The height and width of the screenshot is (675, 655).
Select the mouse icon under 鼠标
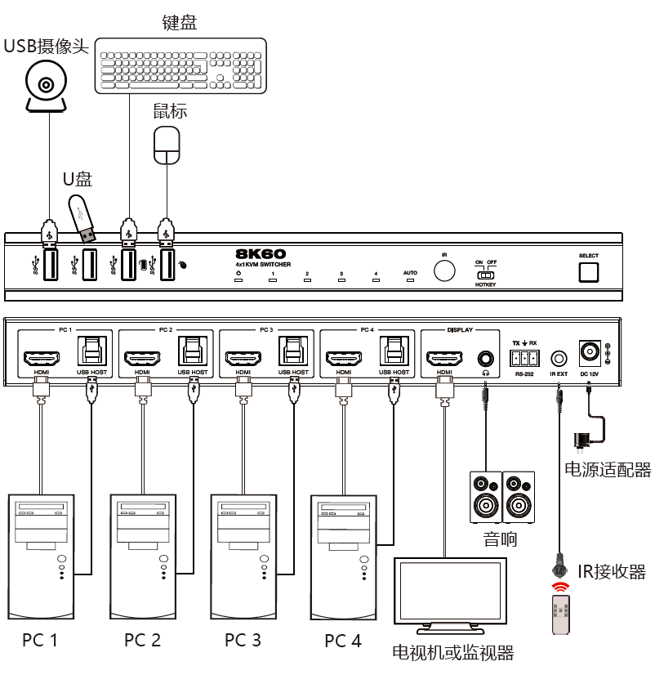pyautogui.click(x=167, y=145)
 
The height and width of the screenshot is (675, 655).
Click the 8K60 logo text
pyautogui.click(x=262, y=253)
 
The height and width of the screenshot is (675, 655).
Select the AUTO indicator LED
pyautogui.click(x=410, y=280)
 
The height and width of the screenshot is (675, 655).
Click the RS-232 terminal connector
pyautogui.click(x=524, y=358)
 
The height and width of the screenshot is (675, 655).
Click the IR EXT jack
pyautogui.click(x=559, y=357)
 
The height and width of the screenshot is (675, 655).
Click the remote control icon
pyautogui.click(x=559, y=614)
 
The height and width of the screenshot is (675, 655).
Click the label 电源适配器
pyautogui.click(x=608, y=470)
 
